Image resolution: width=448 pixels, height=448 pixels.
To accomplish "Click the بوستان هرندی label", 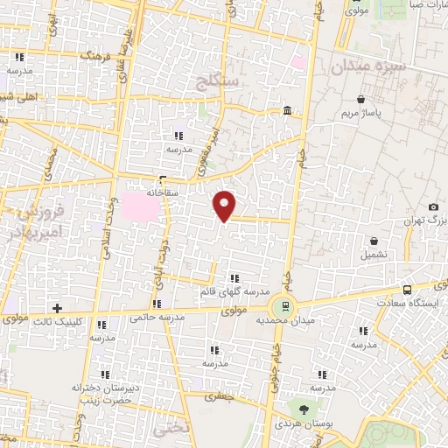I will click(304, 423).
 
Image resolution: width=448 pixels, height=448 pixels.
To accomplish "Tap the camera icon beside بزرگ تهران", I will click(433, 206).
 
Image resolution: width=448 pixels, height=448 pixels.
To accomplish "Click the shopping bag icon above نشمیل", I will click(374, 241).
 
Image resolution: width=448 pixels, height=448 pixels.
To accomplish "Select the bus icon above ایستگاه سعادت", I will click(407, 290).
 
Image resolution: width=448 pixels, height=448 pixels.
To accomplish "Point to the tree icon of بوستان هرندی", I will click(304, 409).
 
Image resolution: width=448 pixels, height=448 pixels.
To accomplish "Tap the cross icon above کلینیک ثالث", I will click(58, 308).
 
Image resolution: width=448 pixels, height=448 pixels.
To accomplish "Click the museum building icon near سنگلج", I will click(288, 110).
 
